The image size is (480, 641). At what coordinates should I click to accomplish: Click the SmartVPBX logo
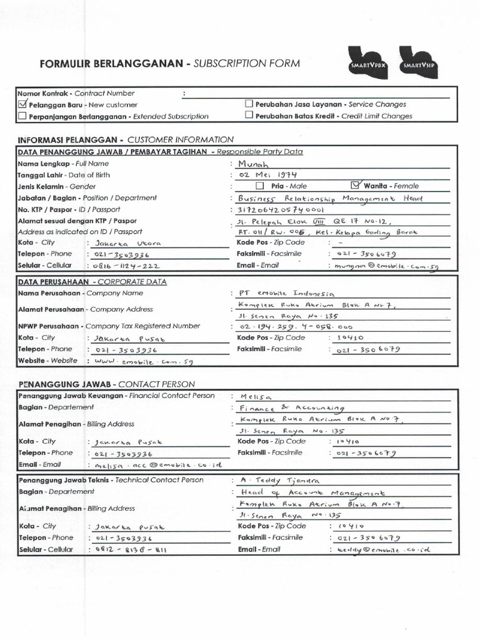(369, 63)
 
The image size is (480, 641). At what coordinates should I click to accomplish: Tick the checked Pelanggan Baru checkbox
(23, 105)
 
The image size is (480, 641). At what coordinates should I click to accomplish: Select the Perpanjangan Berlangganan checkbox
(22, 116)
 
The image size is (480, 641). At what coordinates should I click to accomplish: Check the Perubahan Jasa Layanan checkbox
(249, 104)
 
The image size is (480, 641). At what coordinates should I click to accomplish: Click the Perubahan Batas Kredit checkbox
(249, 115)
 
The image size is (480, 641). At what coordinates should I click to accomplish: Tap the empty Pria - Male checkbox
(260, 186)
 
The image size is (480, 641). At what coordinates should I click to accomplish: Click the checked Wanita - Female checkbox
(356, 185)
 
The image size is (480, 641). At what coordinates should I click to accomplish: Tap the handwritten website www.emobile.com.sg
(135, 361)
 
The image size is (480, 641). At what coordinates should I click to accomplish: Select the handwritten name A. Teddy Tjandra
(279, 481)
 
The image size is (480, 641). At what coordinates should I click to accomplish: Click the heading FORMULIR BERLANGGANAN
(113, 63)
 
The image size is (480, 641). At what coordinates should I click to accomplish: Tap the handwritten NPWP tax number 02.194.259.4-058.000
(296, 327)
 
